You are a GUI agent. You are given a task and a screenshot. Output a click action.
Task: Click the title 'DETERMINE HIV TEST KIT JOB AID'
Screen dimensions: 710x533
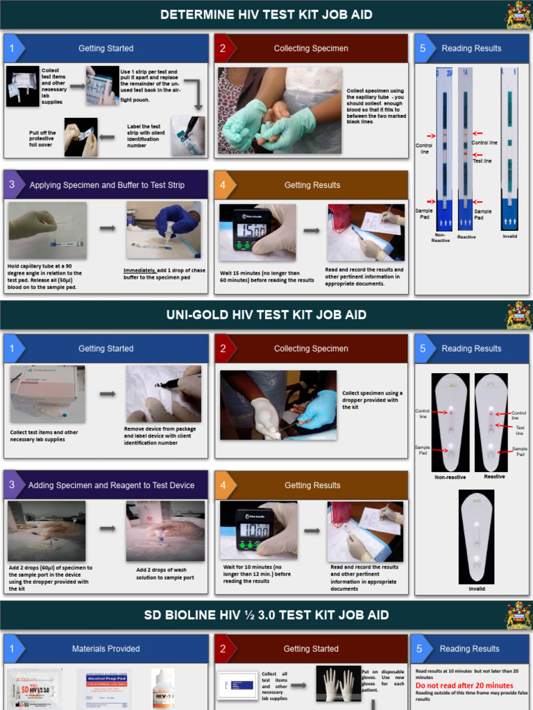pyautogui.click(x=266, y=15)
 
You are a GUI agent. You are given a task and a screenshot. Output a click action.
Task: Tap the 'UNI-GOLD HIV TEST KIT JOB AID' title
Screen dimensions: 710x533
pyautogui.click(x=266, y=315)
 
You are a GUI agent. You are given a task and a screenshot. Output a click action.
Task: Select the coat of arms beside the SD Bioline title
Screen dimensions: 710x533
pyautogui.click(x=518, y=616)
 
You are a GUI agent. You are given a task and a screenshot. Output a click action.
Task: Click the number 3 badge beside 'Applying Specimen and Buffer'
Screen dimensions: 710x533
pyautogui.click(x=12, y=185)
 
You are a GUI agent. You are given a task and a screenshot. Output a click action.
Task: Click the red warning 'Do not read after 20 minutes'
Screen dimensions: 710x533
pyautogui.click(x=464, y=685)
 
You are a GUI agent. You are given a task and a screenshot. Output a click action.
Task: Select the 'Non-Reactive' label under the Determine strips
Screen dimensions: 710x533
pyautogui.click(x=441, y=238)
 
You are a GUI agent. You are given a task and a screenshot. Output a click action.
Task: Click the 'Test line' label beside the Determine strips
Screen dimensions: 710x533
pyautogui.click(x=482, y=161)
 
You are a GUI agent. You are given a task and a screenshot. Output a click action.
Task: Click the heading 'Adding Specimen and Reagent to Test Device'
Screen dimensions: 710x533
pyautogui.click(x=111, y=485)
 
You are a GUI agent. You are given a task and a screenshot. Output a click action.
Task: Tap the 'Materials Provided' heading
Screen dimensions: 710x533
pyautogui.click(x=105, y=649)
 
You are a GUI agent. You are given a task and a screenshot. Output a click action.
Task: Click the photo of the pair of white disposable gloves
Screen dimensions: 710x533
pyautogui.click(x=339, y=684)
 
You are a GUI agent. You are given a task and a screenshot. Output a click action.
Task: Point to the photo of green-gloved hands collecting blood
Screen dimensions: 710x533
pyautogui.click(x=280, y=111)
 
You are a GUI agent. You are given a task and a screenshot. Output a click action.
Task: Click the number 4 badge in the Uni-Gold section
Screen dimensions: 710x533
pyautogui.click(x=223, y=485)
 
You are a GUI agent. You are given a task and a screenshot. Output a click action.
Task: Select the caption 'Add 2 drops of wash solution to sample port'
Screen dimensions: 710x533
pyautogui.click(x=165, y=573)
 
